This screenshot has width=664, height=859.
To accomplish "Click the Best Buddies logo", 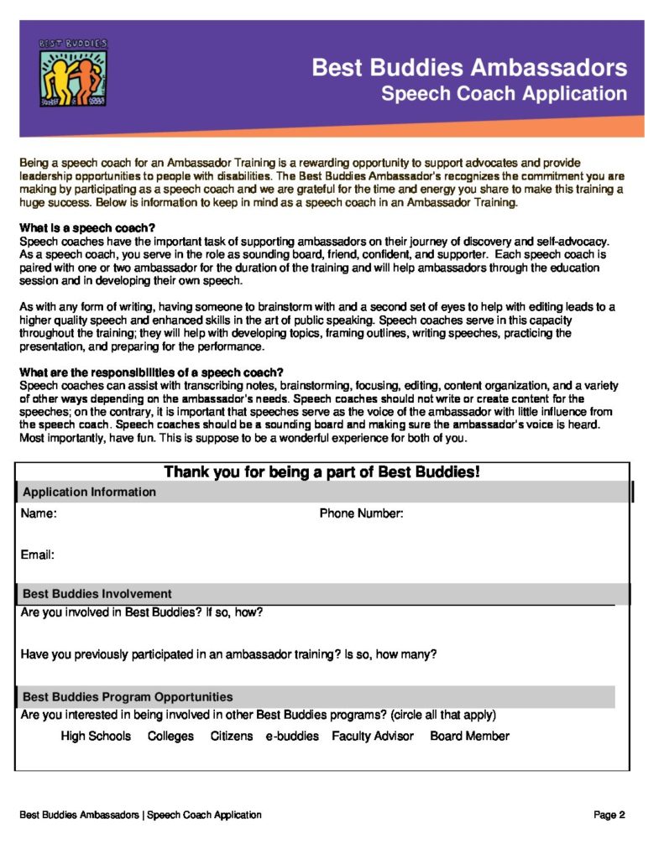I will point(73,73).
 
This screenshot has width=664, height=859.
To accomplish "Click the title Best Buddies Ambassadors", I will point(469,67).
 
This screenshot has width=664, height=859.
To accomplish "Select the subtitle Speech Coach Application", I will point(504,93).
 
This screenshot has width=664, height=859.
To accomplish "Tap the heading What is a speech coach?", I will point(87,228).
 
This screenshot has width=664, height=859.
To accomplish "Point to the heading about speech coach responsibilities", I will point(151,372).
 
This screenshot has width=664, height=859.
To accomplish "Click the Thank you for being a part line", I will point(322,472).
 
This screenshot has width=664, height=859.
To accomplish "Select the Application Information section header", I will point(89,492).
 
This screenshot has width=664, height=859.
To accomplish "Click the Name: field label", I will point(39,513).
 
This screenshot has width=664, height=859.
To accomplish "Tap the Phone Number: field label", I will point(361,513).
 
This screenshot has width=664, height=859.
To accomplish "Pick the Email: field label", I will point(38,554).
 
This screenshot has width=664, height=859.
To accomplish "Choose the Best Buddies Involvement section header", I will point(97,594).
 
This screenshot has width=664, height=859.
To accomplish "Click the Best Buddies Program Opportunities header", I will point(128,696).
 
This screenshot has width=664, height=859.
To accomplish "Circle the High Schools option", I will point(96,736).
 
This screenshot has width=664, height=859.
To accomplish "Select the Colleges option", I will point(170,736).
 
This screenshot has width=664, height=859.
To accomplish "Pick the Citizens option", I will point(231,736).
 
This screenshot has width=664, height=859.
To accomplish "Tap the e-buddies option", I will point(292,736).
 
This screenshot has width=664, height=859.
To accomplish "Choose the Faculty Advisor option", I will point(373,736).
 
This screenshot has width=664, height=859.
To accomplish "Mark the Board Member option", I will point(469,736).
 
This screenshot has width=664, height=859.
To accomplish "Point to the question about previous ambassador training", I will point(228,654).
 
